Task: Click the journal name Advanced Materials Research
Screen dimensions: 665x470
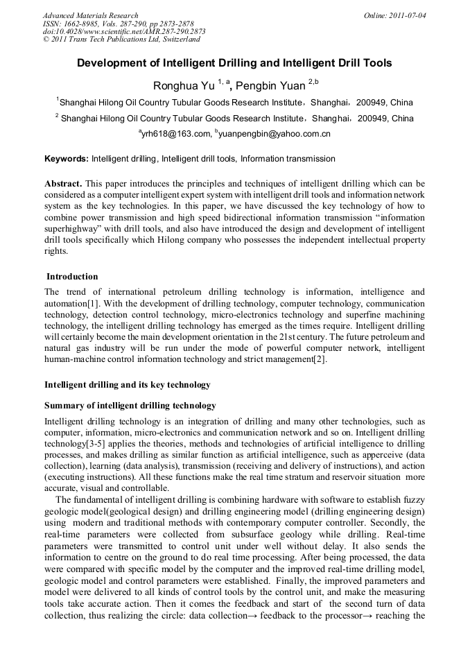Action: click(90, 15)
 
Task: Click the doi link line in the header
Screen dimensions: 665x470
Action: click(123, 31)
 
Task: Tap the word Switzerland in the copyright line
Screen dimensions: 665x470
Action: click(180, 40)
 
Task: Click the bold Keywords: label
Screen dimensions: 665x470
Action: click(67, 159)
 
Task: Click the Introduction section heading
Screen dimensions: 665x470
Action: click(72, 277)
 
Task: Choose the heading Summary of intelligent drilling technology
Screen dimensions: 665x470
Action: click(130, 406)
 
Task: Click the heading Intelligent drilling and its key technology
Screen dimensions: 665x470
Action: click(127, 384)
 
